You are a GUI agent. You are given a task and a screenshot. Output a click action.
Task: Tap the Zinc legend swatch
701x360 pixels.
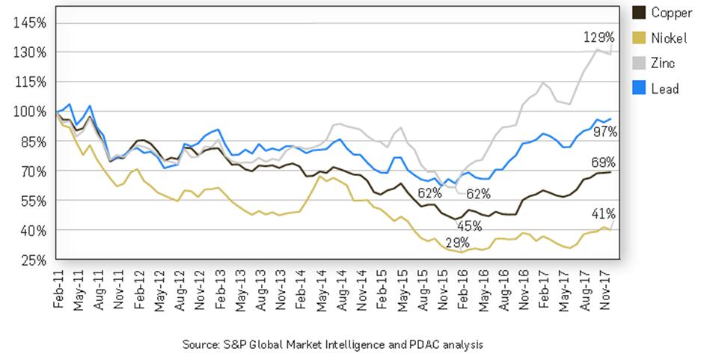click(x=639, y=64)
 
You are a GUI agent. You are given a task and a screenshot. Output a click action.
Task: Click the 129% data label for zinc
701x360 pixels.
click(x=599, y=37)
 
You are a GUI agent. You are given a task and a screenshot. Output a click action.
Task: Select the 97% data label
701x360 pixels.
click(x=604, y=132)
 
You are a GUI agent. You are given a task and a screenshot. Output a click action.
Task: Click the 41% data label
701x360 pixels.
click(x=604, y=213)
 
